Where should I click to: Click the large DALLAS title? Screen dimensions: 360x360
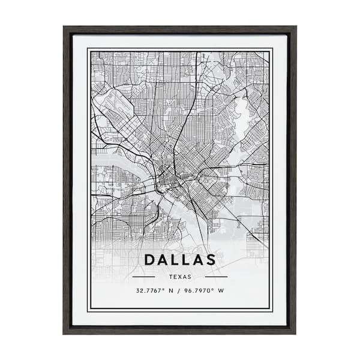point(180,260)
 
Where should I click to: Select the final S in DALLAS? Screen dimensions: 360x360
point(211,260)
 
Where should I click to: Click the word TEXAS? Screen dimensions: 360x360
point(180,277)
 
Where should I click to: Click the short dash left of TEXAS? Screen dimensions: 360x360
point(143,277)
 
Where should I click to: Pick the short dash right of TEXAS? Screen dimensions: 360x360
point(216,277)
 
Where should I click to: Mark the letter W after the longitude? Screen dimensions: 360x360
point(221,291)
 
